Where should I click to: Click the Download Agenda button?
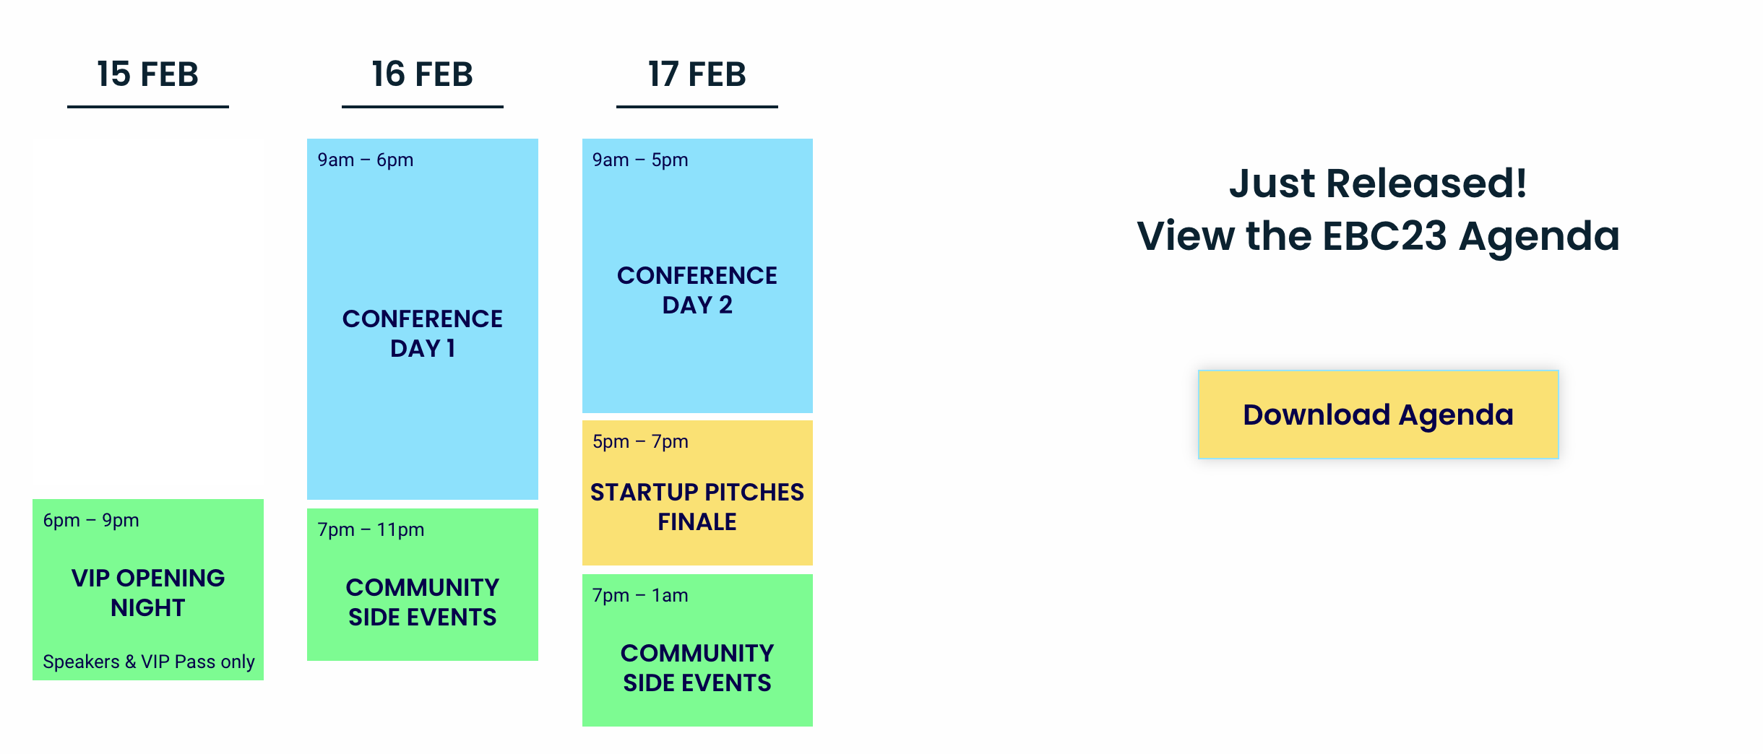(1378, 415)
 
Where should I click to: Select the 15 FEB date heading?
(148, 74)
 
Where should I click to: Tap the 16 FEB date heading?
(423, 74)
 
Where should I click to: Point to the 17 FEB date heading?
(697, 74)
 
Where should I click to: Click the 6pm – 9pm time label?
(91, 521)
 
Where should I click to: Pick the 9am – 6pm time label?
(366, 160)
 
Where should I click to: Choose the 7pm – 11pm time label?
(371, 530)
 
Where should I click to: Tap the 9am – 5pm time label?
(640, 160)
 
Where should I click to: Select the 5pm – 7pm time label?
(640, 442)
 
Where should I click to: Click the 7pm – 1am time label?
(640, 596)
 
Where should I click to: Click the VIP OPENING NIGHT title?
(148, 593)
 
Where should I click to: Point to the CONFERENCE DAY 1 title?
(423, 334)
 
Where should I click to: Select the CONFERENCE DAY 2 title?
(697, 290)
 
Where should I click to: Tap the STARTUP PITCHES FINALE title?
(697, 507)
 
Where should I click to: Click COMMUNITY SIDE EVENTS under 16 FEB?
(423, 602)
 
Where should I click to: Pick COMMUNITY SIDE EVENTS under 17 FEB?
(697, 668)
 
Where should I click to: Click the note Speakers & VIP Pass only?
(149, 662)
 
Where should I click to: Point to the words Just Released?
(1378, 183)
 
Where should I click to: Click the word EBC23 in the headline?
(1384, 236)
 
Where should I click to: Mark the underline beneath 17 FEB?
(697, 107)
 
